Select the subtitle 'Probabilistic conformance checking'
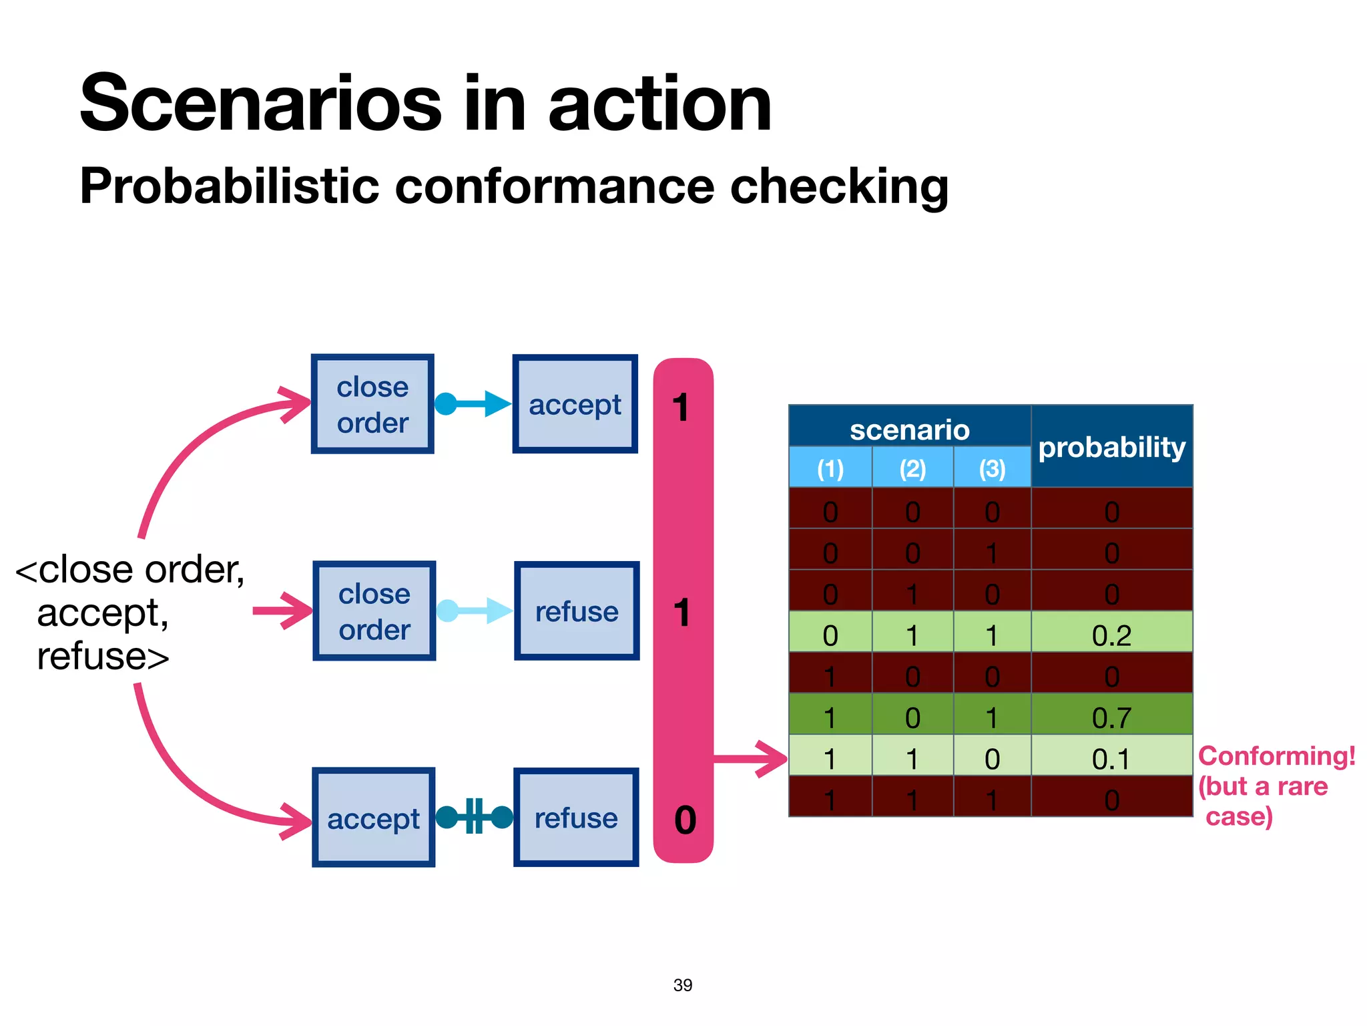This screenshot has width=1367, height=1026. point(513,186)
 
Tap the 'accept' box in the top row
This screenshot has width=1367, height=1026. point(575,404)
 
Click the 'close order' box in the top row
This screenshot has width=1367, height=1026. point(372,404)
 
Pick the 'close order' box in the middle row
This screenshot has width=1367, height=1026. point(374,611)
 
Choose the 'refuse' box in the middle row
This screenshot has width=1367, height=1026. point(577,611)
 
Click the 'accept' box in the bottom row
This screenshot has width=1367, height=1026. point(373,818)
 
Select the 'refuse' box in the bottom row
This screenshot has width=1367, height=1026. point(576,818)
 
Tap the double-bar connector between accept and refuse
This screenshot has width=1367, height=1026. point(474,816)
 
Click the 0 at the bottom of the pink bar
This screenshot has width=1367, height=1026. point(685,820)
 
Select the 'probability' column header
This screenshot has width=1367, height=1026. point(1111,446)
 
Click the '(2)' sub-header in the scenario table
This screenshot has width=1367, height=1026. point(912,468)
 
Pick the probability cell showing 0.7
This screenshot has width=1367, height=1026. point(1111,717)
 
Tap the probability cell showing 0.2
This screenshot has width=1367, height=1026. point(1111,635)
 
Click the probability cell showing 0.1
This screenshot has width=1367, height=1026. point(1111,759)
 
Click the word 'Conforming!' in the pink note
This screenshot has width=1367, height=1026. point(1276,756)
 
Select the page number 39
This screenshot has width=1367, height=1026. point(683,985)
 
